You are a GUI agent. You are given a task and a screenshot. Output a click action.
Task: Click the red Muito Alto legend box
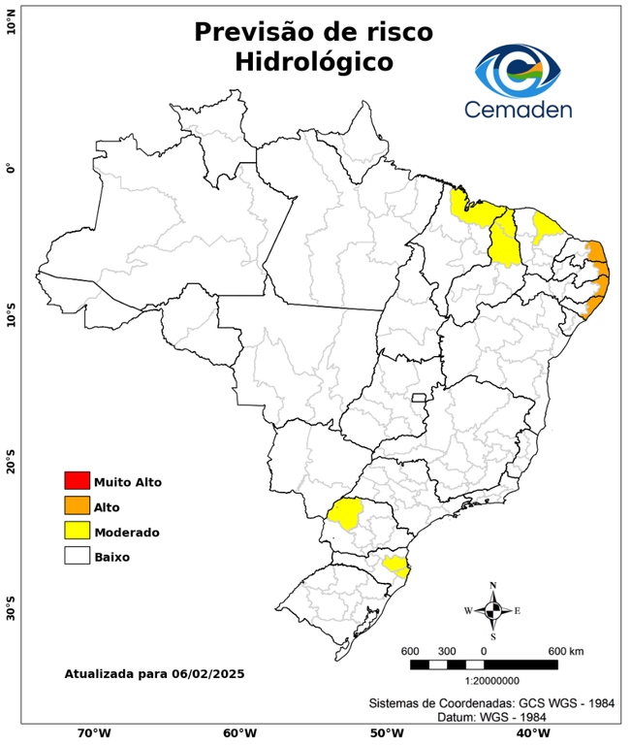pyautogui.click(x=77, y=480)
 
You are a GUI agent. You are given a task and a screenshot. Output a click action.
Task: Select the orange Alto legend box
pyautogui.click(x=77, y=505)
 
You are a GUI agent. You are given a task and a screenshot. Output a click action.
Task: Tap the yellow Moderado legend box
pyautogui.click(x=77, y=531)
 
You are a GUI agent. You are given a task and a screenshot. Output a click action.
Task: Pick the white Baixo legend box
pyautogui.click(x=77, y=556)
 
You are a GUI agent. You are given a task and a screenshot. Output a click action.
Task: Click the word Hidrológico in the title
pyautogui.click(x=313, y=62)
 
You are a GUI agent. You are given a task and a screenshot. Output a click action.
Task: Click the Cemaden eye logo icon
pyautogui.click(x=518, y=69)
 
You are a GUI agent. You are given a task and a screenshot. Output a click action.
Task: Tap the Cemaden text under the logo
pyautogui.click(x=518, y=109)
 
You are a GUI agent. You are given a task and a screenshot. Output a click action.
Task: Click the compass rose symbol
pyautogui.click(x=493, y=610)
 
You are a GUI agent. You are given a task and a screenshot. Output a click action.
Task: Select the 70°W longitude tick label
pyautogui.click(x=93, y=732)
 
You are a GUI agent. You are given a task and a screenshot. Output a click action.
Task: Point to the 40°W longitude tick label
pyautogui.click(x=529, y=732)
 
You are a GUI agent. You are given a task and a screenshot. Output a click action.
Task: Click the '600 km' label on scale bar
pyautogui.click(x=566, y=650)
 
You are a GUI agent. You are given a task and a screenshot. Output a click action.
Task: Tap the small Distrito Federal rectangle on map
pyautogui.click(x=420, y=398)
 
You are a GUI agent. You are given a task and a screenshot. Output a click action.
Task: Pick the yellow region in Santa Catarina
pyautogui.click(x=396, y=566)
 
